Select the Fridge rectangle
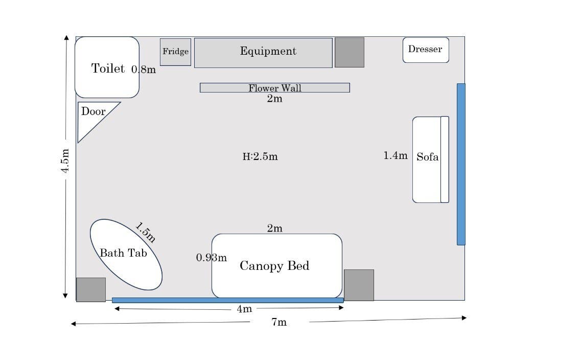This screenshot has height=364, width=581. tap(175, 52)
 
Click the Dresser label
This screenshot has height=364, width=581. tap(425, 50)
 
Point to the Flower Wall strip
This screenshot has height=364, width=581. tap(274, 88)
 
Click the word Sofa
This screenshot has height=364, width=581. tap(427, 157)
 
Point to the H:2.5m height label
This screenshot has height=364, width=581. tap(260, 156)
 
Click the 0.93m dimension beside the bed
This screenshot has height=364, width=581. tap(211, 258)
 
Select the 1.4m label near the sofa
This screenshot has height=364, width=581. tap(396, 155)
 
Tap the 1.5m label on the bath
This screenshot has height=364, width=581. tap(145, 233)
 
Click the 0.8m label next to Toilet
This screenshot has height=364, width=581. tap(144, 70)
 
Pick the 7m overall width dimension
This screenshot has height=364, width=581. tap(279, 322)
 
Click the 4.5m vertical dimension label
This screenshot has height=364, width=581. tap(65, 161)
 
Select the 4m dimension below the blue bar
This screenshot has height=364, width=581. tap(244, 309)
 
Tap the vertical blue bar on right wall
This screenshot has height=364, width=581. tap(461, 164)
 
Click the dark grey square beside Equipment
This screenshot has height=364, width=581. tap(350, 52)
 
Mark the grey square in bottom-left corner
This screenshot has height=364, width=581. tap(91, 289)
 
